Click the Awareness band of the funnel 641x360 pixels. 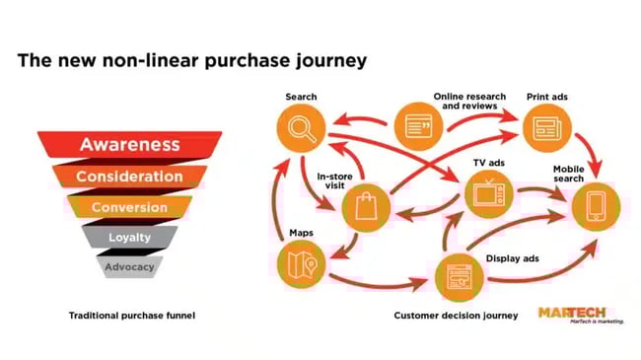pyautogui.click(x=129, y=144)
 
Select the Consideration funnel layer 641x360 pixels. pyautogui.click(x=130, y=177)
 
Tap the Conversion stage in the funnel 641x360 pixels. pyautogui.click(x=129, y=207)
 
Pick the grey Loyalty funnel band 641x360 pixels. pyautogui.click(x=129, y=238)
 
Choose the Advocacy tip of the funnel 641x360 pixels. pyautogui.click(x=129, y=266)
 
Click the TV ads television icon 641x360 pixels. pyautogui.click(x=486, y=193)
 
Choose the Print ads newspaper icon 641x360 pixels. pyautogui.click(x=546, y=127)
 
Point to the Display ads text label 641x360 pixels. pyautogui.click(x=513, y=259)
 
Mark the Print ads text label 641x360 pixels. pyautogui.click(x=546, y=97)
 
